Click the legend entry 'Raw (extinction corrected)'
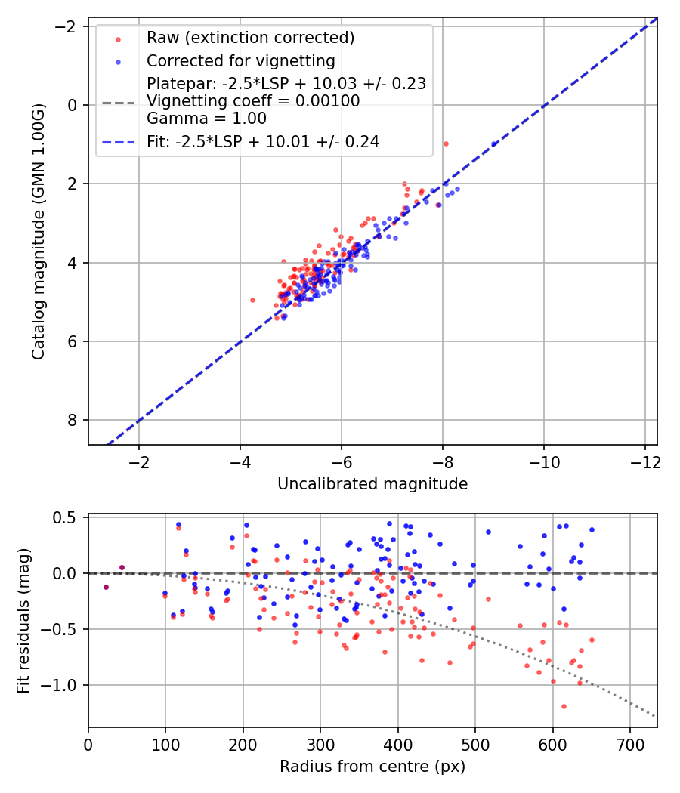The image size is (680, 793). click(x=250, y=38)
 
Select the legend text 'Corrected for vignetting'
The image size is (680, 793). click(x=241, y=61)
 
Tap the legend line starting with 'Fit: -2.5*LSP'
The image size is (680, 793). click(x=263, y=142)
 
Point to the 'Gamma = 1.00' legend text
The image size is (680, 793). click(x=206, y=119)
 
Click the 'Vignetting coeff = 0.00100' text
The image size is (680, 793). click(x=253, y=101)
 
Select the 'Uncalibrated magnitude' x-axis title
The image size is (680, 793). click(x=372, y=484)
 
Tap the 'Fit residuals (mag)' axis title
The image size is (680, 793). click(x=23, y=621)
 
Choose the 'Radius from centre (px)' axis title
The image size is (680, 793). click(x=372, y=767)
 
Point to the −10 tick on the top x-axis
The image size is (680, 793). click(x=545, y=462)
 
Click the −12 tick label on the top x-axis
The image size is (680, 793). click(x=645, y=462)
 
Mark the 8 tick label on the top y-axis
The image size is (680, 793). click(x=73, y=420)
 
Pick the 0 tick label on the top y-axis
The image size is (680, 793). click(x=73, y=105)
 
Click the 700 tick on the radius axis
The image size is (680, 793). click(x=630, y=745)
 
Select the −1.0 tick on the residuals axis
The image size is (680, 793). click(x=62, y=685)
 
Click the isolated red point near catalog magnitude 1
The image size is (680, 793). click(x=446, y=144)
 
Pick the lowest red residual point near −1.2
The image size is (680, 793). click(x=564, y=706)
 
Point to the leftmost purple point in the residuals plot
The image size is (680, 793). click(x=106, y=587)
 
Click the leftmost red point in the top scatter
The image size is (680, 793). click(x=252, y=301)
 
